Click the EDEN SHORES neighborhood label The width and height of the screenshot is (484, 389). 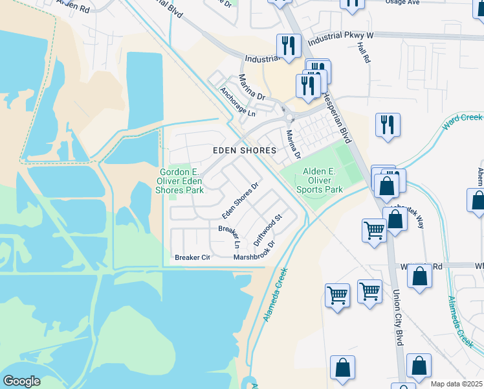245,150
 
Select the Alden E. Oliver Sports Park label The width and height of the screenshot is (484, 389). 319,180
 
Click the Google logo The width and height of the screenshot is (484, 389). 21,381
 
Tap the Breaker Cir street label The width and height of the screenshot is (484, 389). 193,257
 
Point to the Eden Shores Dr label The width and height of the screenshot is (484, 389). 240,200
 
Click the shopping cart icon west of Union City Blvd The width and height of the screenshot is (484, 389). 374,230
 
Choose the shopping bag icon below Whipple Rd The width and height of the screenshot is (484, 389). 420,276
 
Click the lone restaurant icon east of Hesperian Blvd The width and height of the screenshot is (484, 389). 388,124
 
